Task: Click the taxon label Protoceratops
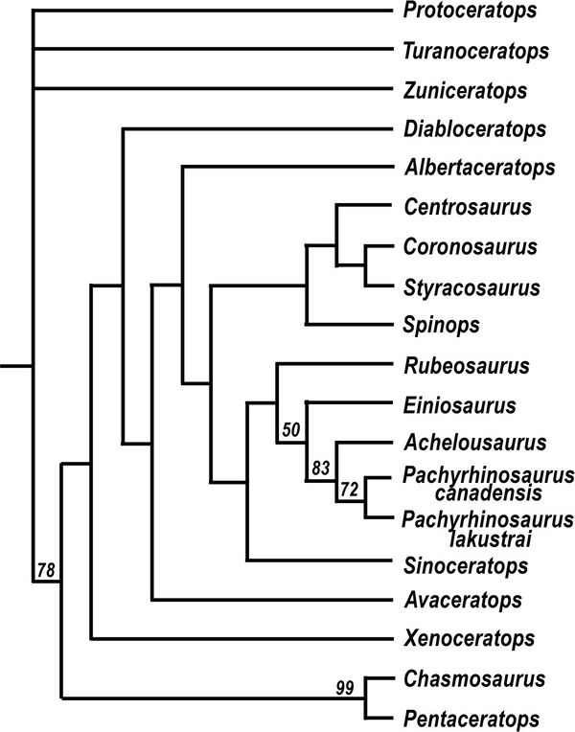pos(470,11)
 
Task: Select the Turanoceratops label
pos(476,51)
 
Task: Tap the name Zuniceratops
pos(465,90)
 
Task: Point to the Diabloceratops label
pos(475,128)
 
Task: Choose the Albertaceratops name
pos(480,168)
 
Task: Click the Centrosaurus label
pos(468,207)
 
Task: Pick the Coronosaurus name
pos(471,246)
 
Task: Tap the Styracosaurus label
pos(471,287)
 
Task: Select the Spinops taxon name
pos(442,326)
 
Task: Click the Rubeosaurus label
pos(467,366)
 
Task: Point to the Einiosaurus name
pos(460,405)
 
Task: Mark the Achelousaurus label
pos(475,443)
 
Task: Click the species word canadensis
pos(489,493)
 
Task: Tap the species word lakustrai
pos(490,539)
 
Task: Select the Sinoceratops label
pos(466,566)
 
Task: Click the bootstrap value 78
pos(46,570)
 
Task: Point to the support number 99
pos(345,688)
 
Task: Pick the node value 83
pos(321,468)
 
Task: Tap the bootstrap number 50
pos(290,429)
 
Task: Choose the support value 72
pos(349,490)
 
